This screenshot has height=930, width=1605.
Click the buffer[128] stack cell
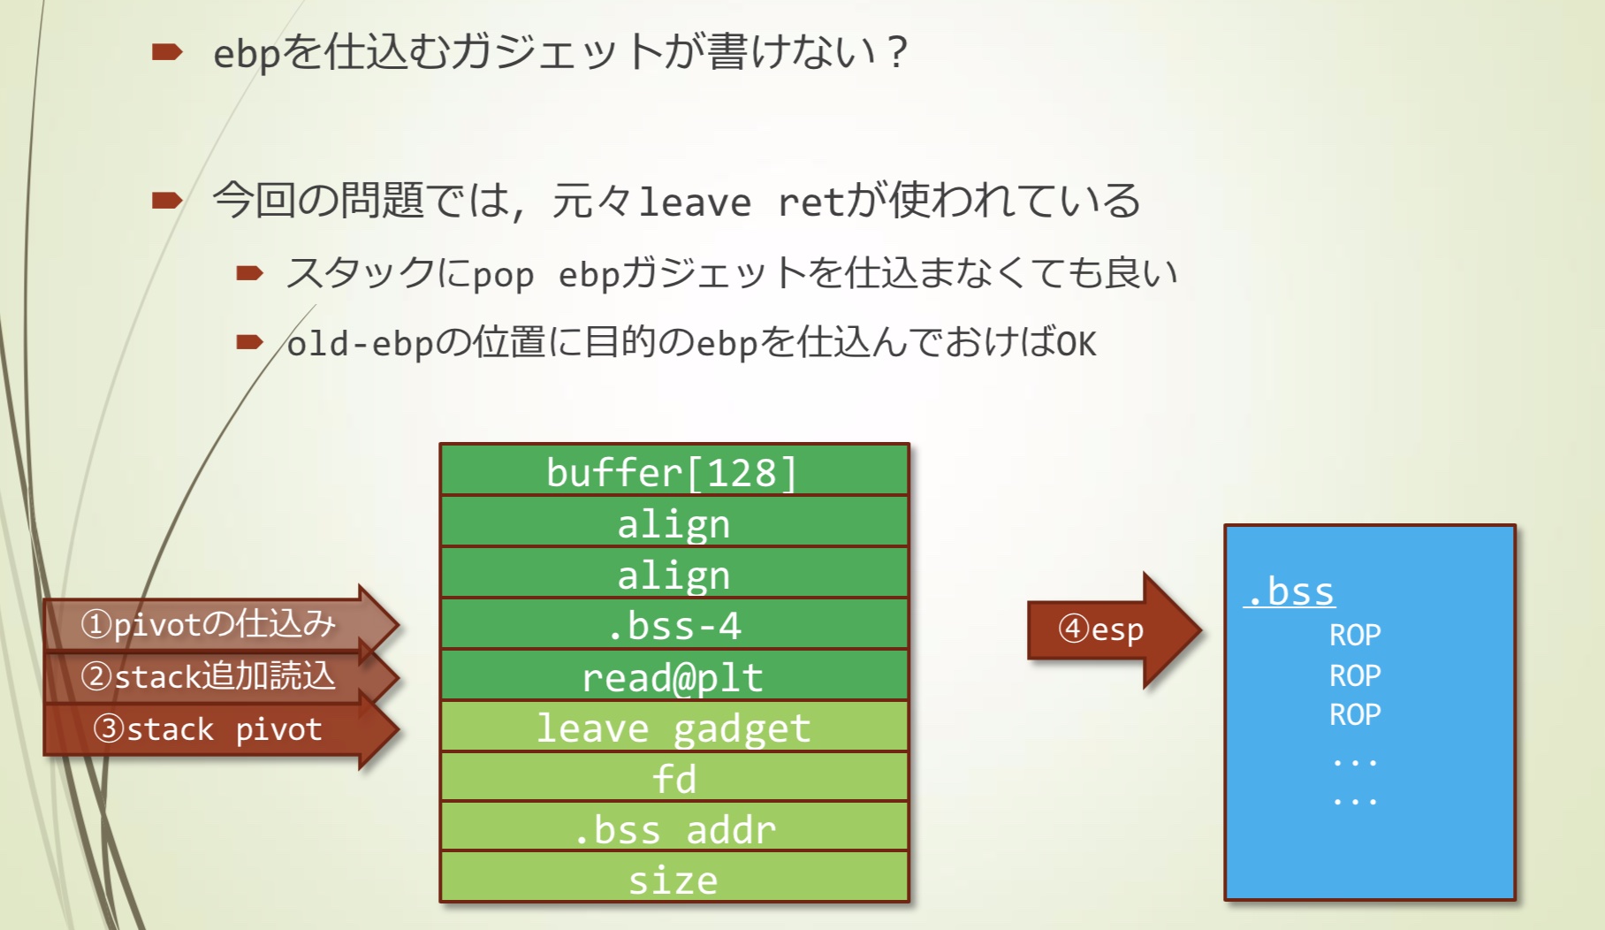tap(673, 471)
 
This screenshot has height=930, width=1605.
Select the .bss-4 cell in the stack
tap(673, 625)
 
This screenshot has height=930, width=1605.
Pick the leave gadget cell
tap(673, 728)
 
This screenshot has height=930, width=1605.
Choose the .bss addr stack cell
tap(673, 829)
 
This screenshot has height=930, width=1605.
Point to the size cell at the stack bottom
tap(673, 880)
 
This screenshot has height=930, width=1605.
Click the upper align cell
tap(673, 523)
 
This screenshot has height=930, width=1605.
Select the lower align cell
tap(673, 575)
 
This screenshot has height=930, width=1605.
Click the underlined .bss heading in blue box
tap(1290, 591)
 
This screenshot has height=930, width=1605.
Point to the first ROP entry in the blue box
tap(1355, 635)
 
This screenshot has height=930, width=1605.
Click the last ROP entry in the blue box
tap(1355, 714)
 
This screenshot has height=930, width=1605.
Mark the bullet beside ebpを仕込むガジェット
tap(166, 52)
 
